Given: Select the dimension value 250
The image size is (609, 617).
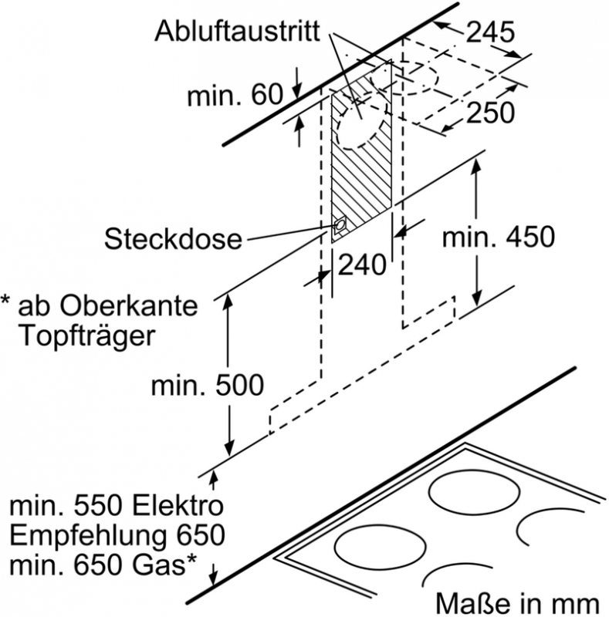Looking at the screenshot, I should coord(489,113).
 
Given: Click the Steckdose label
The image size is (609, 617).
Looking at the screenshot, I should coord(174,238).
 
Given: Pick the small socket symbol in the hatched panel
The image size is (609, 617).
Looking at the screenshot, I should coord(340,226).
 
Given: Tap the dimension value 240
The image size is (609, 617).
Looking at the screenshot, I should coord(362,265).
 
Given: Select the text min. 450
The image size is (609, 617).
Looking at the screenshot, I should coord(498,237).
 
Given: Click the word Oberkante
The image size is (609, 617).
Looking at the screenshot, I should coord(130,306).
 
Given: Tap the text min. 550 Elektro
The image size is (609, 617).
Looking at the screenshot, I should coord(117,507).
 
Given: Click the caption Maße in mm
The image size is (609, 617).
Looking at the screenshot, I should coord(516,600).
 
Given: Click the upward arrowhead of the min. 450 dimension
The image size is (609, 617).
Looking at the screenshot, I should coord(476,168).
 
